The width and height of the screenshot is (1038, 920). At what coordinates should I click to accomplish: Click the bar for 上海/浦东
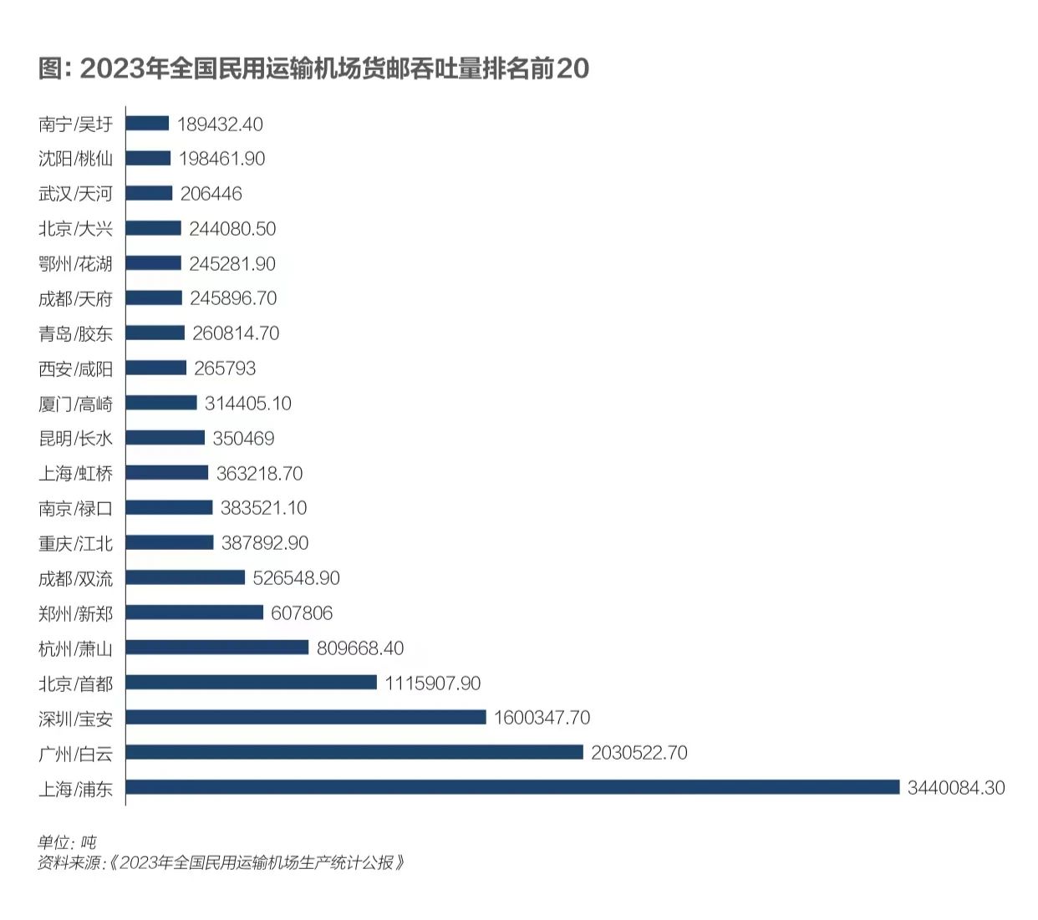512,787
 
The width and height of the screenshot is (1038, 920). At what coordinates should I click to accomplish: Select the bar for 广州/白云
354,752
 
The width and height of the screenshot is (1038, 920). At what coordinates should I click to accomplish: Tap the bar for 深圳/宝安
306,717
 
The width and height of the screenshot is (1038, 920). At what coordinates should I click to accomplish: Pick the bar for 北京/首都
252,683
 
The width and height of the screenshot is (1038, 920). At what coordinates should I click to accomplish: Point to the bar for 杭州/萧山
217,648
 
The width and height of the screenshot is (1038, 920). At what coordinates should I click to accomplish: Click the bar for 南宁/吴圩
148,124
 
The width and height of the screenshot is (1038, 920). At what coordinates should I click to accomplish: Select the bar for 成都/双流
186,577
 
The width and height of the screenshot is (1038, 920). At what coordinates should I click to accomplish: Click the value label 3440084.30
956,787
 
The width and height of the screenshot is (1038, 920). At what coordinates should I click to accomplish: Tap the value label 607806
302,613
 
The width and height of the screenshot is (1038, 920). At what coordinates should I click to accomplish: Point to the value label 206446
211,194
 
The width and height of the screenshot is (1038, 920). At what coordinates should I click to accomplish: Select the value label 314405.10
248,404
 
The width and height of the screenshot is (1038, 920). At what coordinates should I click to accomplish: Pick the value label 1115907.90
433,683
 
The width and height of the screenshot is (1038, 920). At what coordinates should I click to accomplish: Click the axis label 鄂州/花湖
75,264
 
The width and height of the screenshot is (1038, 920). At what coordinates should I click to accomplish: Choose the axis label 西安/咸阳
75,369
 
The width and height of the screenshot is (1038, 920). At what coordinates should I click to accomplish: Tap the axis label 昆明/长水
75,439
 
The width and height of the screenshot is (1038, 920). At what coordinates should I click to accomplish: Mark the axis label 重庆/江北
75,543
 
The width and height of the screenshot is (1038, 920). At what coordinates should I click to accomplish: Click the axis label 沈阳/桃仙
75,159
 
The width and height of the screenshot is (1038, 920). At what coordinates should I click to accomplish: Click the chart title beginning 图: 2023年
314,69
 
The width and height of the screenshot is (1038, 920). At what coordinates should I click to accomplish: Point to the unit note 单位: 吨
67,841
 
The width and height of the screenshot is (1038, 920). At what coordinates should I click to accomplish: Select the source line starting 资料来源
221,862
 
